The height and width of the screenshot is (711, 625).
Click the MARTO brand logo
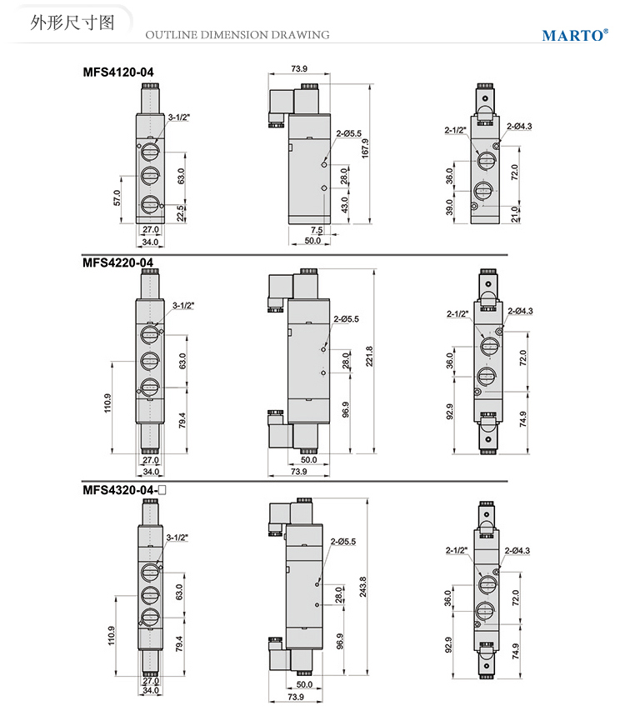(x=575, y=35)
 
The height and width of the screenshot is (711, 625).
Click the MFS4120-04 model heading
(x=117, y=72)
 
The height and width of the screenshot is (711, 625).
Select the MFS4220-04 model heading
(x=117, y=263)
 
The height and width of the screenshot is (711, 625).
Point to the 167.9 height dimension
(x=365, y=148)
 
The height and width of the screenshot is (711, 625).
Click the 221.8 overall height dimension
(x=369, y=356)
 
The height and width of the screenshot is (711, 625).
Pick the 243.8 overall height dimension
(x=362, y=586)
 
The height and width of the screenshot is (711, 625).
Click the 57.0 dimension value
(x=117, y=198)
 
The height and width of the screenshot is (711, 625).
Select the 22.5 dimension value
(x=180, y=213)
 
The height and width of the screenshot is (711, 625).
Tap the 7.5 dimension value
(x=317, y=230)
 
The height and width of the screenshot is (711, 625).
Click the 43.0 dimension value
(x=344, y=204)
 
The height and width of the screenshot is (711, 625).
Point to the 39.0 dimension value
(x=449, y=207)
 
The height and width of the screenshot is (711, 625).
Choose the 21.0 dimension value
(x=514, y=214)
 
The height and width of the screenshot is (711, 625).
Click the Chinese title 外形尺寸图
(x=72, y=23)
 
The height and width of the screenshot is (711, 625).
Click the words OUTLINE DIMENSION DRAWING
(x=237, y=34)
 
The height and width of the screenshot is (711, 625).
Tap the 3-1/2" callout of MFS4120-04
(x=179, y=118)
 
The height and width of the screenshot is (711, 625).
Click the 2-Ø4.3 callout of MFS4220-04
(x=520, y=311)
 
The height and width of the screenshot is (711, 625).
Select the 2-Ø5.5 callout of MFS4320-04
(x=343, y=542)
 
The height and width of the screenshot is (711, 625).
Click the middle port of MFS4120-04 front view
(x=149, y=176)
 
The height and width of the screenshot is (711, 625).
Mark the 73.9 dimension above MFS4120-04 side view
(x=298, y=68)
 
